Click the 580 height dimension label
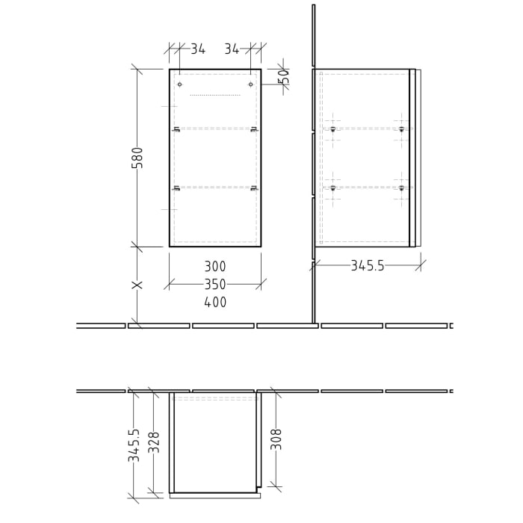[137, 158]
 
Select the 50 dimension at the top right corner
[283, 75]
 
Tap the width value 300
[214, 267]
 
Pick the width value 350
[214, 285]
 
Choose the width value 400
[214, 303]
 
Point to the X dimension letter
[137, 285]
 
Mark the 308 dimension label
[276, 439]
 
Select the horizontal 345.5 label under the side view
[367, 265]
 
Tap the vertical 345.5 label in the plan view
[134, 445]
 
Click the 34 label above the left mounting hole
[197, 49]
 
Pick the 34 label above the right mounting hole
[232, 49]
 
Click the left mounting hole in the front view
[179, 84]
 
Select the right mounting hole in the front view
[251, 84]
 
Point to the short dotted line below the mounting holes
[215, 96]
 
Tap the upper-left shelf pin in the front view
[177, 130]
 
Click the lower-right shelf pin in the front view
[254, 188]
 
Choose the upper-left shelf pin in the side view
[332, 129]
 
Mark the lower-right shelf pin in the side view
[401, 188]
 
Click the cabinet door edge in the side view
[412, 158]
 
